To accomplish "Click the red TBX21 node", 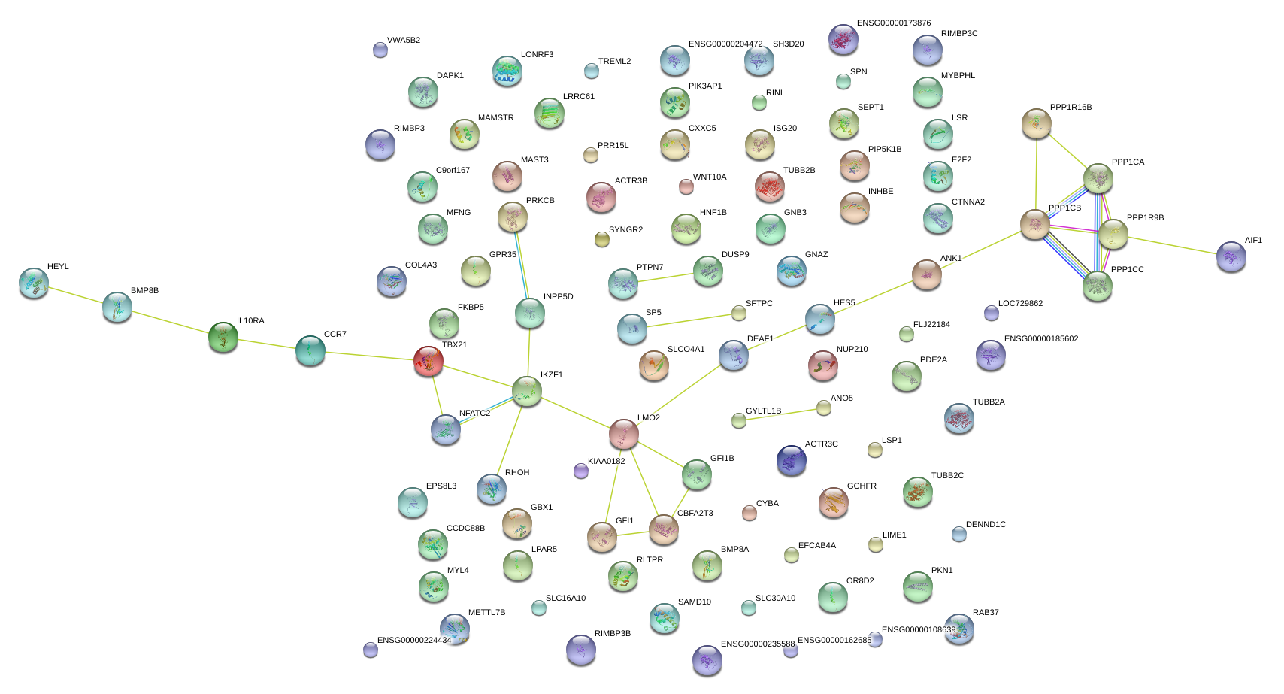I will [429, 362].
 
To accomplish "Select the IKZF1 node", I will [527, 391].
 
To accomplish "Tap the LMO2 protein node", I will [623, 433].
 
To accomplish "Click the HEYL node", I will [34, 283].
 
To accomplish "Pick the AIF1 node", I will [1231, 256].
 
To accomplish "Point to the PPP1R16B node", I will [1037, 123].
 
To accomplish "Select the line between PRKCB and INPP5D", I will [522, 265].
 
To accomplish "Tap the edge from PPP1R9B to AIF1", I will [1173, 246].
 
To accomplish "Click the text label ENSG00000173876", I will [894, 23].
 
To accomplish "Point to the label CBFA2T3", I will [695, 514].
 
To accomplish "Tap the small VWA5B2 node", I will [380, 50].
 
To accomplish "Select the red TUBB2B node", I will [769, 186].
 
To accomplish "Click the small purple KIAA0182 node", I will [580, 471].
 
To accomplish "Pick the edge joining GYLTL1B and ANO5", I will [781, 414].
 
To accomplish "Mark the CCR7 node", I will [310, 350].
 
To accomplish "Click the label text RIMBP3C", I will [959, 34].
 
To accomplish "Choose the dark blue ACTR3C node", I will [791, 460].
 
